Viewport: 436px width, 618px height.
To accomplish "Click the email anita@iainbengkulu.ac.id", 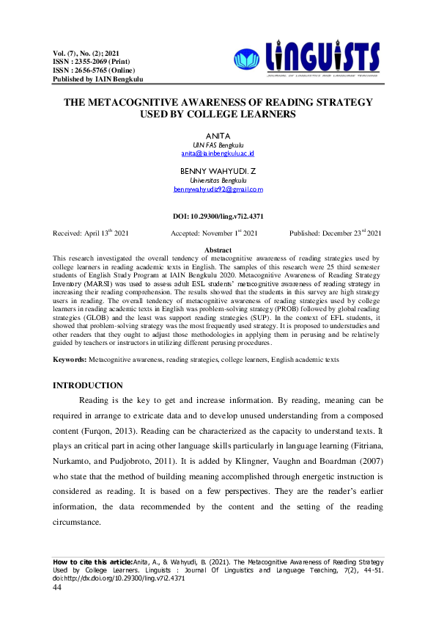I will tap(218, 154).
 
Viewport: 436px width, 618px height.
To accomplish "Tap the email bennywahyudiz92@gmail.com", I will tap(218, 189).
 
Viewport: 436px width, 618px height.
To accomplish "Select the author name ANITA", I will tap(218, 136).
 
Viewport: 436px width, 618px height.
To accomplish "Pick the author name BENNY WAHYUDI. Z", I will tap(218, 171).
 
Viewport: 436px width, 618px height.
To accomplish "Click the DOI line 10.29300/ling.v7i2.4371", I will tap(218, 217).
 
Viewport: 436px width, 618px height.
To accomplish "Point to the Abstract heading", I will tap(218, 250).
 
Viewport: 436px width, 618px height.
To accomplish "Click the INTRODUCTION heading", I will tap(88, 385).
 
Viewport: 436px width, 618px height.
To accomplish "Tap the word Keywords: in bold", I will tap(70, 360).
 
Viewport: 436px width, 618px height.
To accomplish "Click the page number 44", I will tap(57, 586).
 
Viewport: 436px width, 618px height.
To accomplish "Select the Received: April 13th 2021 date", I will tap(91, 233).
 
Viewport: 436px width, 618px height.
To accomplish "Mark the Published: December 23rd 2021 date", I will tap(335, 233).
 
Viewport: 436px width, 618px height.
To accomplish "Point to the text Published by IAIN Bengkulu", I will tap(97, 79).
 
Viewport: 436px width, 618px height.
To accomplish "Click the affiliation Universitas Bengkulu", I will tap(218, 180).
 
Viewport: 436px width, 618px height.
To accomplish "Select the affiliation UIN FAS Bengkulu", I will tap(218, 145).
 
